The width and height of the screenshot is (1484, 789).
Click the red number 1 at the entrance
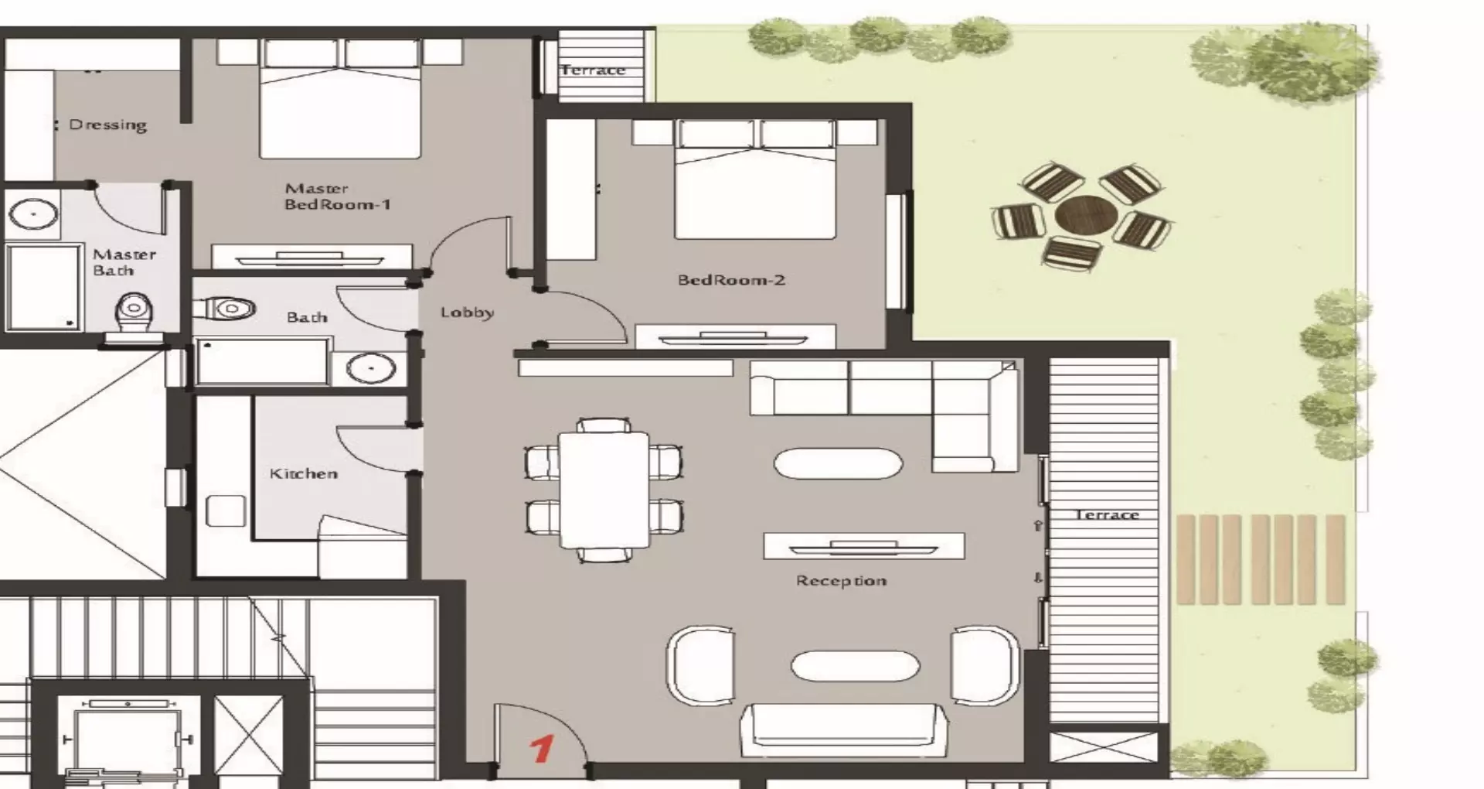[x=542, y=748]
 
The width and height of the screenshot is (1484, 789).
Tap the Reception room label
[x=841, y=581]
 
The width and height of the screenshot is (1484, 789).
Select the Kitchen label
[x=303, y=473]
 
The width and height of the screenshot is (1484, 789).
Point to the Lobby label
[x=467, y=313]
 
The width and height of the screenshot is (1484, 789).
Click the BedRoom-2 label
[x=731, y=280]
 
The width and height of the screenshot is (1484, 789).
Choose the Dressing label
[x=107, y=125]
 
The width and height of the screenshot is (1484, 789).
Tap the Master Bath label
[x=124, y=262]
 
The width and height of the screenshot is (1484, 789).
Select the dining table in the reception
[x=604, y=490]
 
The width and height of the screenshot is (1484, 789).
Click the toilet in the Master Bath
[x=134, y=316]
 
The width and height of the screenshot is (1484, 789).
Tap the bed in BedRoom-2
[x=754, y=179]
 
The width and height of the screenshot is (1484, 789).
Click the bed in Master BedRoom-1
[x=340, y=98]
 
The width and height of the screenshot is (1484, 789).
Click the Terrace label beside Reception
[x=1107, y=514]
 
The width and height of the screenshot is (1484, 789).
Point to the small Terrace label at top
[x=593, y=70]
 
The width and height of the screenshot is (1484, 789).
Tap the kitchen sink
[x=226, y=511]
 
